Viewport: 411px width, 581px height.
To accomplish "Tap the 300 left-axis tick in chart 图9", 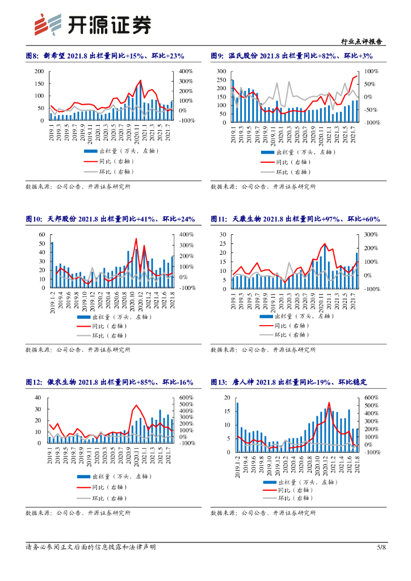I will point(221,71).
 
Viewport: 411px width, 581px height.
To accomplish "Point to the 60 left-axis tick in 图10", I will point(41,234).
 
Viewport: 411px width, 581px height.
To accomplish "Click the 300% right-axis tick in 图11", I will point(371,234).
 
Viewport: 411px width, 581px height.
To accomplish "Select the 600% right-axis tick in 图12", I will point(187,398).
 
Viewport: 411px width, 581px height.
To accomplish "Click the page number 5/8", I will point(381,547).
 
